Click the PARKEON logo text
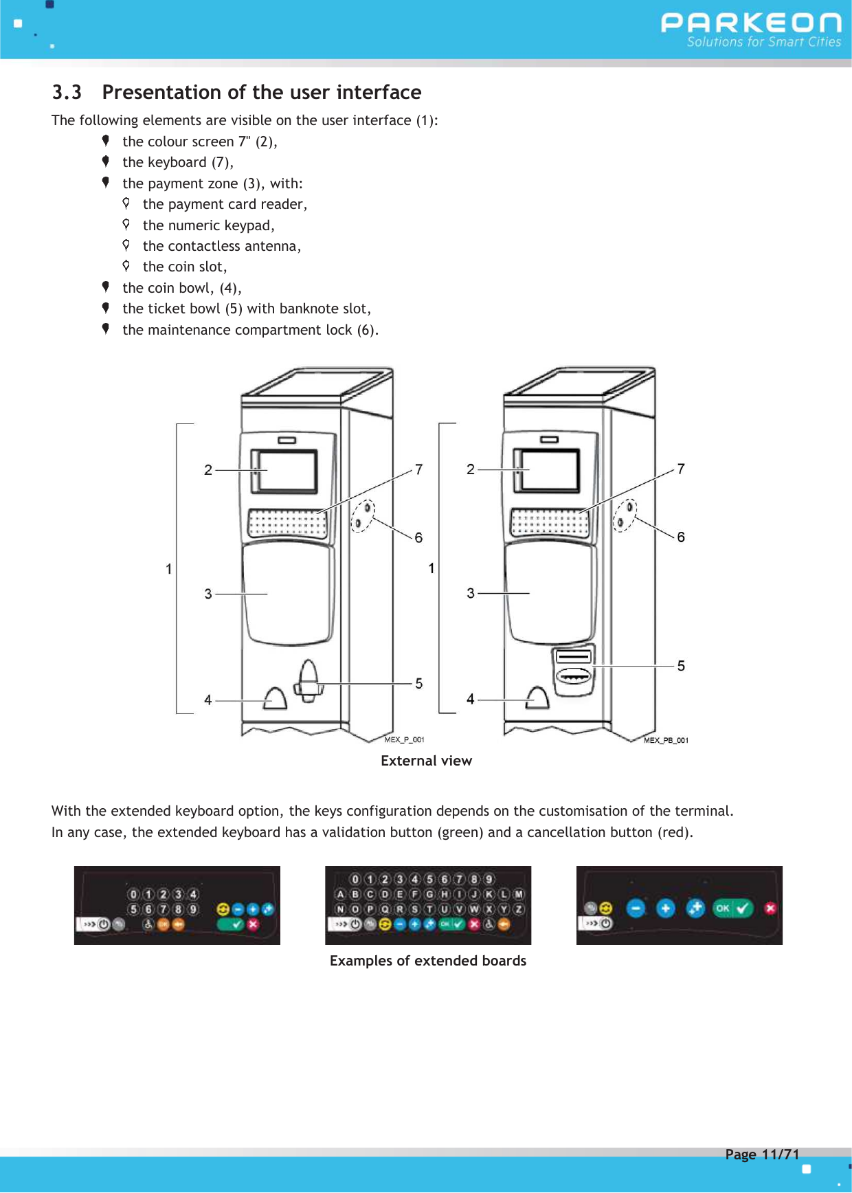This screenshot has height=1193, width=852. point(750,23)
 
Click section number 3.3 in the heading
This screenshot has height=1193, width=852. point(67,92)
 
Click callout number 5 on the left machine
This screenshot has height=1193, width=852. point(418,683)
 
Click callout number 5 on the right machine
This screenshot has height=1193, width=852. point(681,665)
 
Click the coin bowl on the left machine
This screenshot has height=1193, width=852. point(275,699)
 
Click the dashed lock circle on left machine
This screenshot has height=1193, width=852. point(363,515)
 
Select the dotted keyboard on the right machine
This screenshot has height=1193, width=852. point(550,524)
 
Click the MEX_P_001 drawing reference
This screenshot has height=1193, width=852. point(404,740)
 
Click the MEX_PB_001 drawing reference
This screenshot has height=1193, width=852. point(666,740)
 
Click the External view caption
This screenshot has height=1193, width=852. point(426,761)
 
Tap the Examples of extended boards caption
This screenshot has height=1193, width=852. point(427,961)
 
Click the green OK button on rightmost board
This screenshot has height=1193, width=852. point(732,908)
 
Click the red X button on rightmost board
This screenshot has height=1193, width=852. point(770,908)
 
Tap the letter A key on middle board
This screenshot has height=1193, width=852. point(340,894)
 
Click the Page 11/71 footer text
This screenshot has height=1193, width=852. point(762,1155)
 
